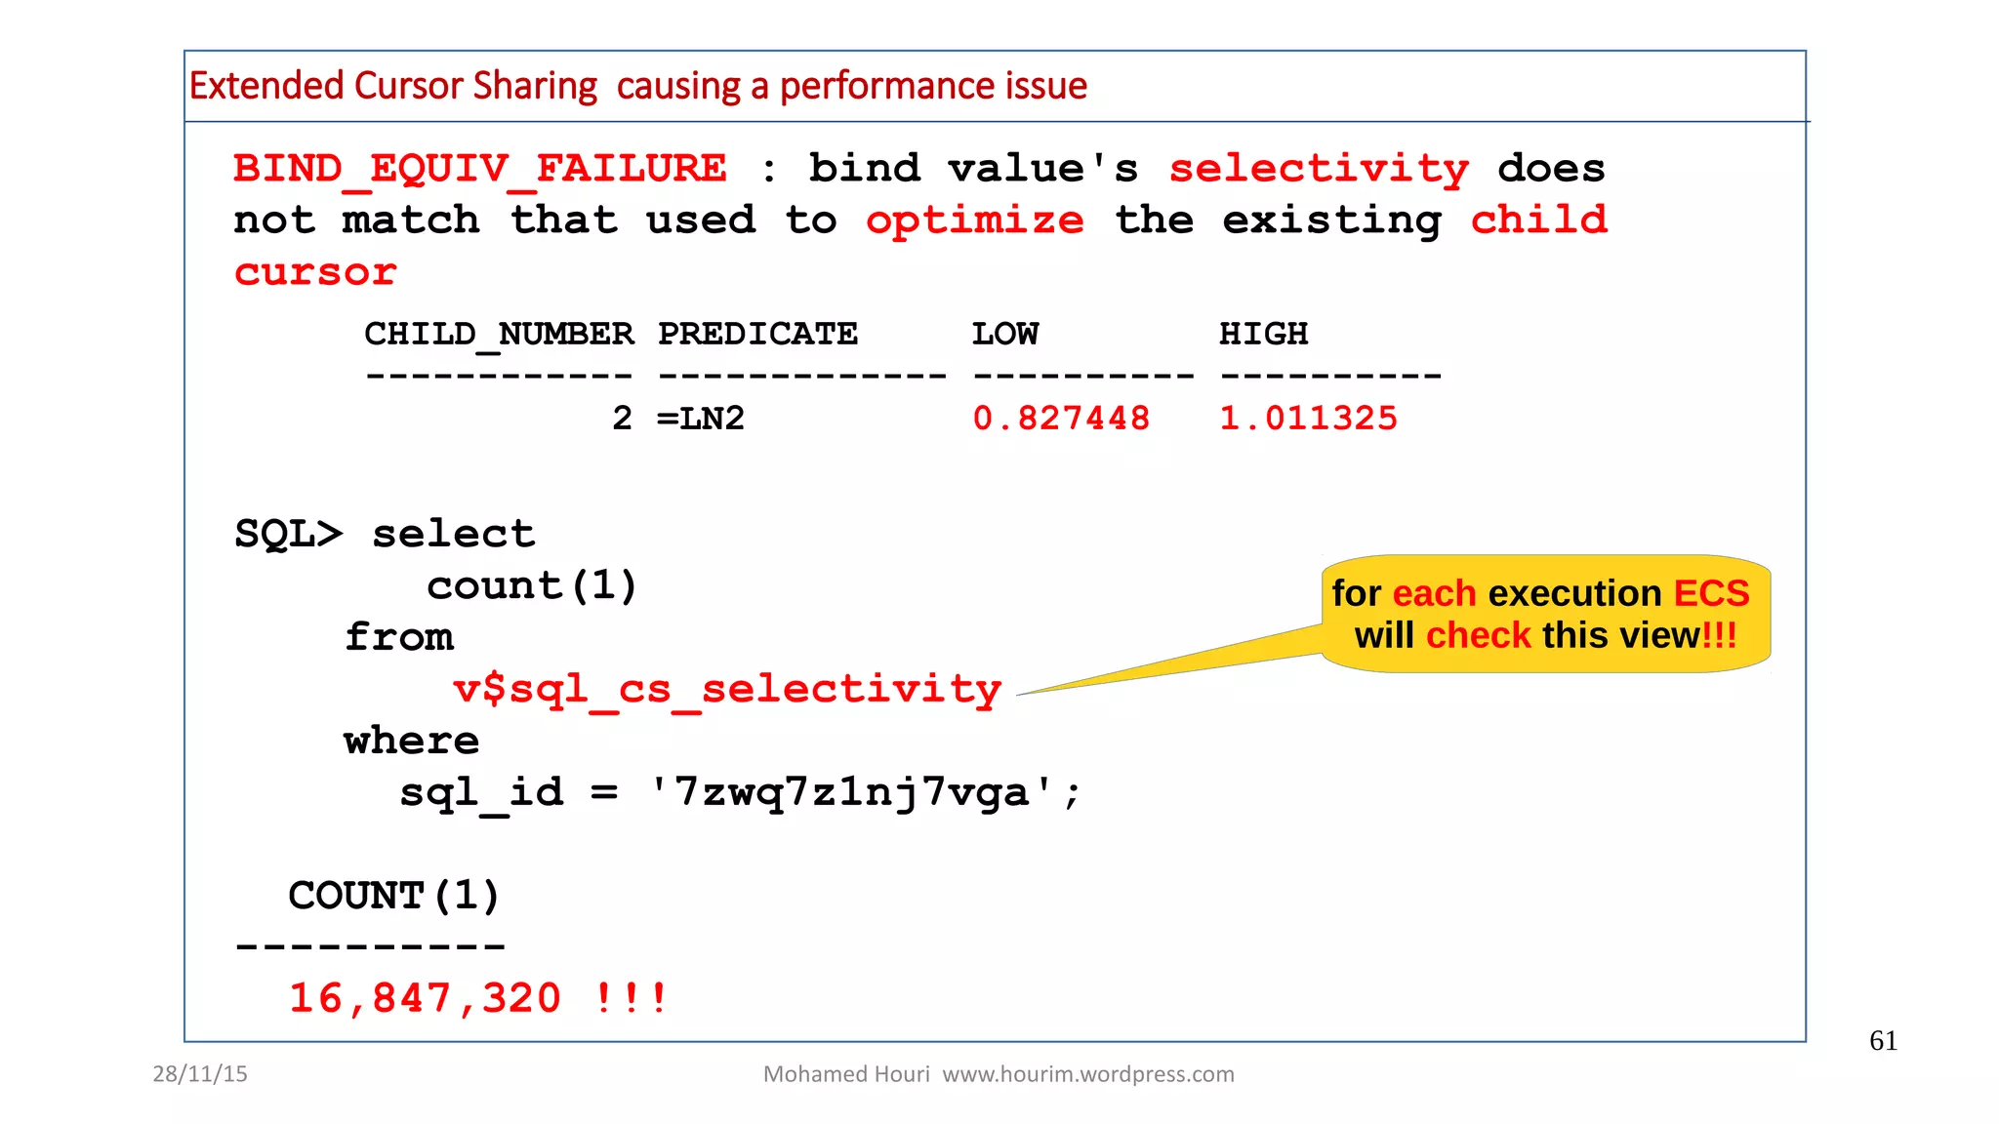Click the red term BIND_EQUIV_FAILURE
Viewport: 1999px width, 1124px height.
[479, 169]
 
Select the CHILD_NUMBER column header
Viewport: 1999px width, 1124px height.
[499, 335]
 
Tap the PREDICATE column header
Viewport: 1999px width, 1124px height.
[757, 335]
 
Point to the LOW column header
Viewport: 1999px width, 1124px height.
[1004, 335]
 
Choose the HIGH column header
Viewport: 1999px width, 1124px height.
[1263, 335]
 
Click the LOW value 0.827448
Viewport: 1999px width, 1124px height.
[1061, 419]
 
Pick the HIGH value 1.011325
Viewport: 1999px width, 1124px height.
[1308, 419]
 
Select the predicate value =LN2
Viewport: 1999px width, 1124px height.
[701, 419]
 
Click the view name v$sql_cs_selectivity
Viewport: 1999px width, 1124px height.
[727, 690]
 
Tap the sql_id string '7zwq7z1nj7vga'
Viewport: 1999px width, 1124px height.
[852, 792]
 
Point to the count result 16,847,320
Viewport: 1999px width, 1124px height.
[425, 998]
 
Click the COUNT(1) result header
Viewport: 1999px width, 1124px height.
[393, 896]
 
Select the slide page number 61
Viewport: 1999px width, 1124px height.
[1883, 1041]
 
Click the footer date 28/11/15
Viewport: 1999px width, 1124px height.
[200, 1074]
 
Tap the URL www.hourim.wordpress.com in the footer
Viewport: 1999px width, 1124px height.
[1087, 1074]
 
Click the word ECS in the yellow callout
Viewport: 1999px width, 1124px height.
[1711, 593]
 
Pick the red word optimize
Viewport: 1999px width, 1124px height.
[974, 221]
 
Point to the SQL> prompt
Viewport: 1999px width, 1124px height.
[288, 535]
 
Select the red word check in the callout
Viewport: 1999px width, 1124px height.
[1479, 635]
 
